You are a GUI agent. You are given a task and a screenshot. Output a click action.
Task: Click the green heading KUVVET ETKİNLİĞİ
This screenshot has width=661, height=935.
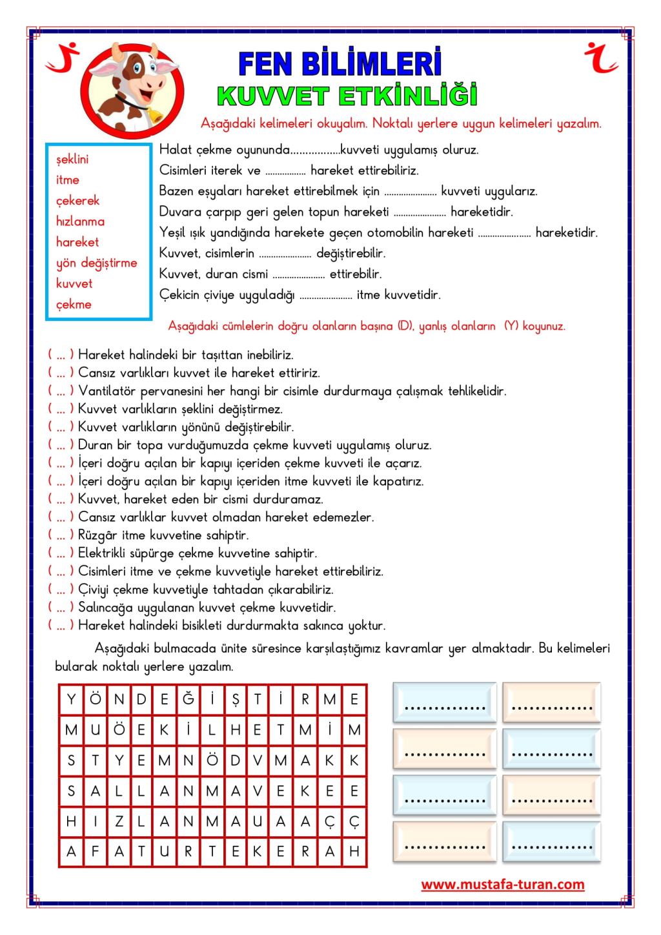point(347,96)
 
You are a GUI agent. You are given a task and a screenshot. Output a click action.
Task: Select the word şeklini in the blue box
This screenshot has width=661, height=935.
point(72,159)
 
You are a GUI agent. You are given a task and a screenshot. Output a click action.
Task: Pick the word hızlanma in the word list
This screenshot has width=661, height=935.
point(80,221)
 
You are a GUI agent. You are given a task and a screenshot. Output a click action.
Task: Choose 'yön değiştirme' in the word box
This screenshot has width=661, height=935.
point(97,263)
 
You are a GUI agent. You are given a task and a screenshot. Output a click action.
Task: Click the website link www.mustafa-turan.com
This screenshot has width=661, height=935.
point(503,885)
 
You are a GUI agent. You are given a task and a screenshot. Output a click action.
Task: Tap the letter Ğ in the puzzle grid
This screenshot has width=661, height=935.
point(188,699)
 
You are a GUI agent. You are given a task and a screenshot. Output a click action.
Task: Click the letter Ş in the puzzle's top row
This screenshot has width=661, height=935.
point(235,699)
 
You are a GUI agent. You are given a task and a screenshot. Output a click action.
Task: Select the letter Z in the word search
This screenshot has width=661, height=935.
point(118,821)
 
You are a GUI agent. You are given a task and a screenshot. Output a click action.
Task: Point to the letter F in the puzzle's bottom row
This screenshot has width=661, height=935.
point(94,852)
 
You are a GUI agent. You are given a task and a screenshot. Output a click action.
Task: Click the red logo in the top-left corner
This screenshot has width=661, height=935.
point(63,58)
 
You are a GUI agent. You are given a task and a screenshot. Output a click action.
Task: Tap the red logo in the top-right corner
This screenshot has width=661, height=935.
point(601,58)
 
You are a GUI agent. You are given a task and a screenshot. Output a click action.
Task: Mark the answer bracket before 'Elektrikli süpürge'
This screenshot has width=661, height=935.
point(61,553)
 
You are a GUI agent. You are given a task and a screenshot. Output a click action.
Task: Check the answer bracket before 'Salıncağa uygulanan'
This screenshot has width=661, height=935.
point(61,608)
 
